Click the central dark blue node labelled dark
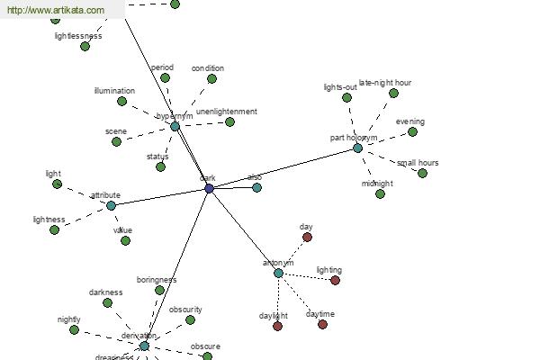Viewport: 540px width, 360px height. (x=210, y=188)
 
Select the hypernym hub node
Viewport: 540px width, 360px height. (x=175, y=127)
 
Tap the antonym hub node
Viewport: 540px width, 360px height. (x=278, y=273)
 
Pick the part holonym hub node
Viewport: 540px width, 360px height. (x=357, y=148)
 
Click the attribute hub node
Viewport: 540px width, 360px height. (x=111, y=205)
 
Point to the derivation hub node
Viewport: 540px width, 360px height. (x=144, y=346)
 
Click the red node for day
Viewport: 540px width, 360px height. (x=307, y=238)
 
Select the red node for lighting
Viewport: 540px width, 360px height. (x=335, y=280)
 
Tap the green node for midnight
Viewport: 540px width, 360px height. (x=381, y=193)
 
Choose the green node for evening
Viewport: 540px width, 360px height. (x=412, y=131)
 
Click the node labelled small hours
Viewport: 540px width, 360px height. (x=422, y=173)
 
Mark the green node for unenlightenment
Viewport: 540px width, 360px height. (x=229, y=121)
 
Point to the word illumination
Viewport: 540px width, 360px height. (x=114, y=90)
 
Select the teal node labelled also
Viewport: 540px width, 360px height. (x=256, y=187)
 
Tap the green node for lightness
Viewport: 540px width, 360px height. (x=55, y=229)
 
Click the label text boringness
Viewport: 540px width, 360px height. (x=157, y=280)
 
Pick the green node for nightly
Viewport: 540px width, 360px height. (x=75, y=329)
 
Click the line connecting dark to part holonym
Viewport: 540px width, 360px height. (x=283, y=168)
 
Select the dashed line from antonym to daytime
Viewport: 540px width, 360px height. (x=301, y=299)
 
